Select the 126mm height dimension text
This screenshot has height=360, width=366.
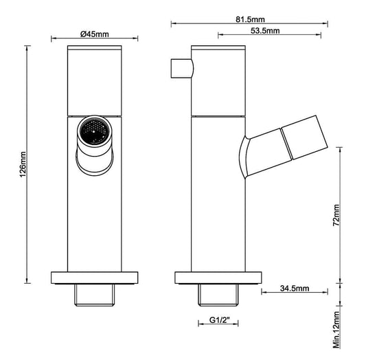[23, 165]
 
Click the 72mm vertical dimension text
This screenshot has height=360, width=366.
[336, 214]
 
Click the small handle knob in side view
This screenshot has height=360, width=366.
[179, 69]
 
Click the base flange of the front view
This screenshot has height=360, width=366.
[94, 278]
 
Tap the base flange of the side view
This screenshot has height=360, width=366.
[218, 278]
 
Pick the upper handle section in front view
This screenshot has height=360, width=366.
[94, 79]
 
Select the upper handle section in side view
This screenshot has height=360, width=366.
[218, 79]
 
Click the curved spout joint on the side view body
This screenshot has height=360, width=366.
[246, 155]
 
